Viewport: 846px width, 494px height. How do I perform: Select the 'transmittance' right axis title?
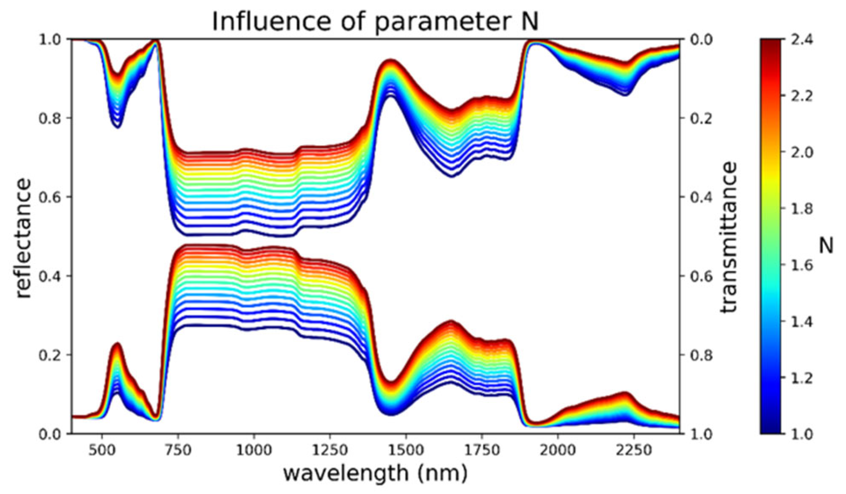pyautogui.click(x=728, y=238)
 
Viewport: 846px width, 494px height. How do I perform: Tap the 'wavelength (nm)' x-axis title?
pyautogui.click(x=375, y=473)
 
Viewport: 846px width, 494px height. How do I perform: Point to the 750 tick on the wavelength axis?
pyautogui.click(x=178, y=450)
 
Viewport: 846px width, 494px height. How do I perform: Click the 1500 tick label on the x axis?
pyautogui.click(x=406, y=450)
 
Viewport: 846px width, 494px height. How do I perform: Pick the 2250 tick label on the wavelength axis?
pyautogui.click(x=634, y=450)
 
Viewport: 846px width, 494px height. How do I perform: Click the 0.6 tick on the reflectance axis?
pyautogui.click(x=50, y=197)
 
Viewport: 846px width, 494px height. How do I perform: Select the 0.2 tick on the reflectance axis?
pyautogui.click(x=50, y=355)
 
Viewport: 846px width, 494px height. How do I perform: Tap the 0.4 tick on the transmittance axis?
pyautogui.click(x=701, y=197)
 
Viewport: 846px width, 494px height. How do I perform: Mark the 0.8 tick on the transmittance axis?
pyautogui.click(x=701, y=355)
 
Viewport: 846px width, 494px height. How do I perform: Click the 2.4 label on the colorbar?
pyautogui.click(x=802, y=40)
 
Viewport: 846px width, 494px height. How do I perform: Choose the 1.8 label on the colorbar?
pyautogui.click(x=802, y=209)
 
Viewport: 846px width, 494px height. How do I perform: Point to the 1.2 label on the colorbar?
pyautogui.click(x=802, y=378)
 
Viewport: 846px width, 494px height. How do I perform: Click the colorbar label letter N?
pyautogui.click(x=826, y=245)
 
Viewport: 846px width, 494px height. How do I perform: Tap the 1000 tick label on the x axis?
pyautogui.click(x=254, y=450)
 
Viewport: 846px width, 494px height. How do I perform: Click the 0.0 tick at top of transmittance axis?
pyautogui.click(x=701, y=40)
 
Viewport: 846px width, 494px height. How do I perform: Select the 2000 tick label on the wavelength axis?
pyautogui.click(x=558, y=450)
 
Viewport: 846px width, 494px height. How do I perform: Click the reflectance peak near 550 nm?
pyautogui.click(x=117, y=344)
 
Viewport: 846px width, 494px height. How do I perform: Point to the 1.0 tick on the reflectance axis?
pyautogui.click(x=50, y=40)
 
